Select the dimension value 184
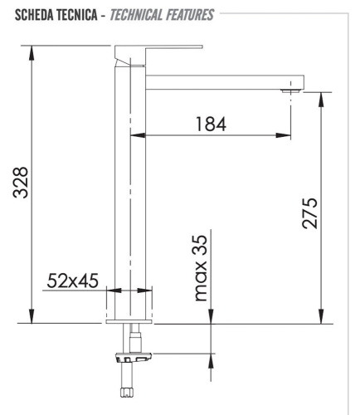211,124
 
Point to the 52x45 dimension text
72,281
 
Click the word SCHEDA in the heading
27,14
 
